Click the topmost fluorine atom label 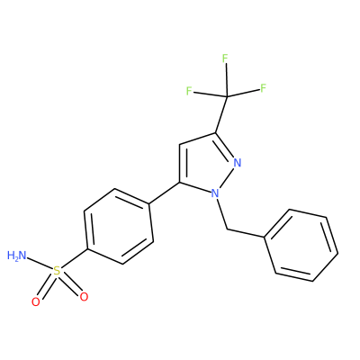tap(225, 58)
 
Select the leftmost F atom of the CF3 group tap(189, 91)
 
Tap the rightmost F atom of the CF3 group tap(263, 88)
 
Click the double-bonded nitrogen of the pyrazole tap(238, 163)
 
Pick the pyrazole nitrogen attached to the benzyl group tap(215, 193)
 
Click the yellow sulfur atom tap(57, 272)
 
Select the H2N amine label tap(17, 256)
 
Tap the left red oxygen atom tap(36, 301)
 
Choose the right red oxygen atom tap(84, 297)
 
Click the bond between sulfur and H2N tap(40, 265)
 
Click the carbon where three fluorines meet tap(227, 96)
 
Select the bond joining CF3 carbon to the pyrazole tap(221, 114)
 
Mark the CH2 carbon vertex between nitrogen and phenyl tap(227, 229)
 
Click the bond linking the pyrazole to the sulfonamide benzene tap(164, 193)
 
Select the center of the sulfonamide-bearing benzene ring tap(119, 227)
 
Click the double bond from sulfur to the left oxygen tap(47, 286)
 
